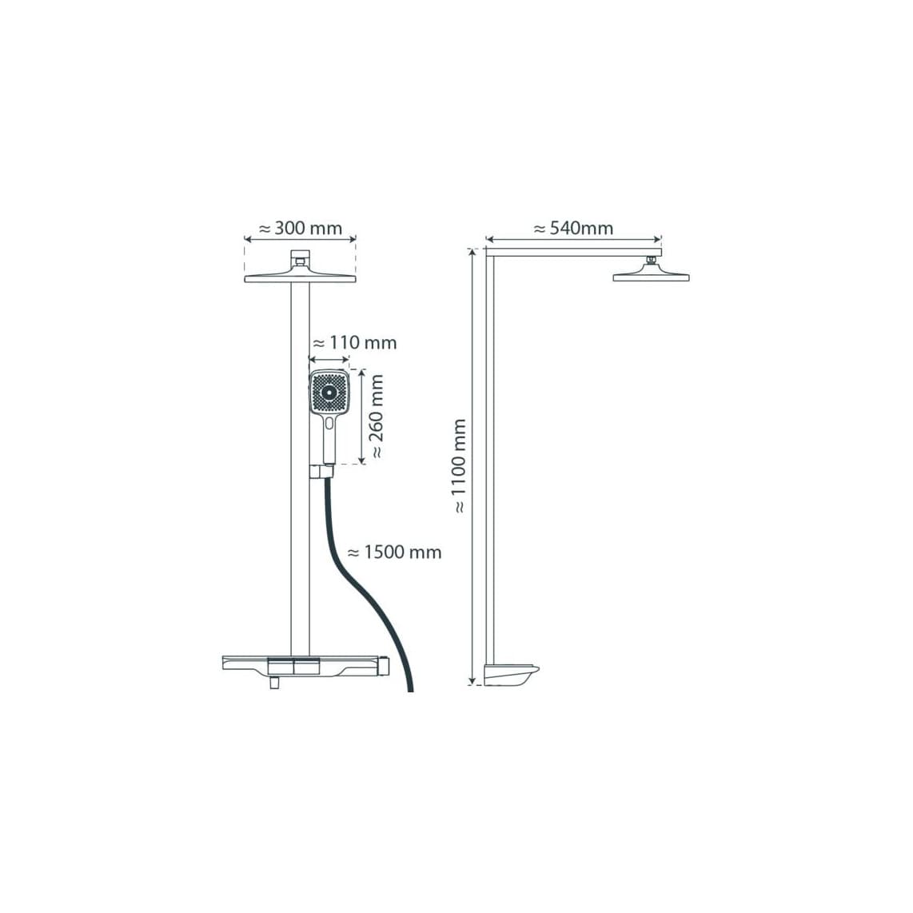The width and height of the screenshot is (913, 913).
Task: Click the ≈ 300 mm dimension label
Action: click(300, 228)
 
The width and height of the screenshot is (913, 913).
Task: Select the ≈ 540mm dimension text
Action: click(573, 228)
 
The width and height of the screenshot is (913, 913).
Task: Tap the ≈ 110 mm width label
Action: click(355, 342)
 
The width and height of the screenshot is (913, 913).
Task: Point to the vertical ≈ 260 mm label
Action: click(377, 417)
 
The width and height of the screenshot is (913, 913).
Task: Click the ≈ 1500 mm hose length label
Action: click(394, 552)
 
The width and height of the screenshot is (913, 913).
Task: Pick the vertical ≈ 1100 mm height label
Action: click(460, 466)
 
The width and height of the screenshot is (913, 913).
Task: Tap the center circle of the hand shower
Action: click(329, 393)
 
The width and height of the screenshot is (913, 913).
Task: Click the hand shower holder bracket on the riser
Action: click(321, 471)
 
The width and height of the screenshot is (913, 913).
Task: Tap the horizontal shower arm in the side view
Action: click(573, 252)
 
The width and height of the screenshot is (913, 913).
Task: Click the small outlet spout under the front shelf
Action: click(273, 684)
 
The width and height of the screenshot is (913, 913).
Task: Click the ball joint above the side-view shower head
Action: click(652, 260)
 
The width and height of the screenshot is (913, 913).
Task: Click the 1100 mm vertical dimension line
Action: click(472, 467)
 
